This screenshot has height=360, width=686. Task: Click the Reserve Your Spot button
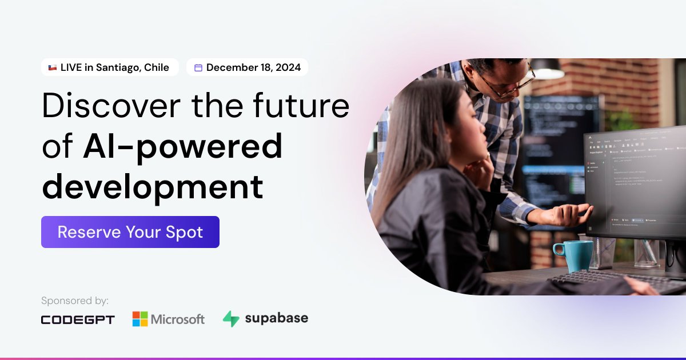click(x=130, y=232)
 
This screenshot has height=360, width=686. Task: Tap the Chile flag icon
click(x=52, y=67)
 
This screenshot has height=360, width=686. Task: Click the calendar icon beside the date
click(x=198, y=67)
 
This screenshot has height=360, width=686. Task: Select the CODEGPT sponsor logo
click(x=78, y=319)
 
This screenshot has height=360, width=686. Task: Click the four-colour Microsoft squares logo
click(x=140, y=319)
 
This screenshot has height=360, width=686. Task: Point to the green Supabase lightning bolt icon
click(x=231, y=319)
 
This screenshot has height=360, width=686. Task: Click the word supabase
click(x=276, y=318)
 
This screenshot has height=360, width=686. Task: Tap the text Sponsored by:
click(x=75, y=301)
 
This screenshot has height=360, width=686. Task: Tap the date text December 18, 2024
click(x=253, y=67)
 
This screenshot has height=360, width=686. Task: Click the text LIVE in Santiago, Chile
click(x=115, y=67)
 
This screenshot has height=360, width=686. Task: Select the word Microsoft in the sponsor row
click(x=177, y=319)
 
